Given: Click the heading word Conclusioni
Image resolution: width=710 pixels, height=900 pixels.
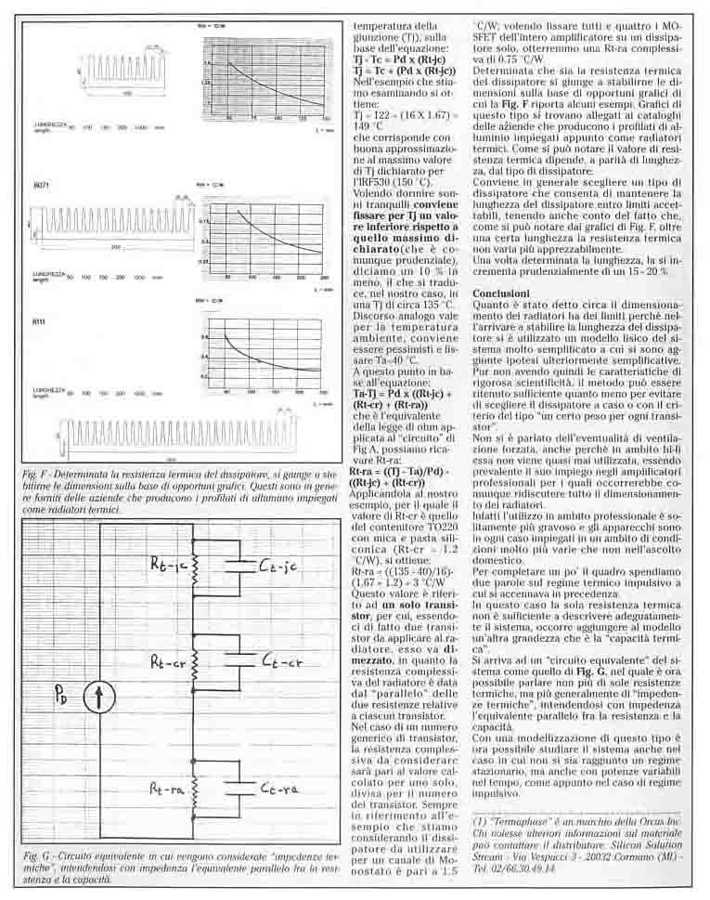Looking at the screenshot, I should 500,293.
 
